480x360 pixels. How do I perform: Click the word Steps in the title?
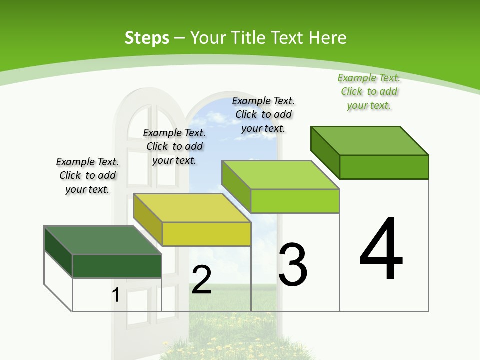tap(147, 38)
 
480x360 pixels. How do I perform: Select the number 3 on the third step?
tap(293, 265)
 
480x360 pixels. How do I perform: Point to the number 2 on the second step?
tap(201, 280)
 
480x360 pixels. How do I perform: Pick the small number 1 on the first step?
tap(116, 295)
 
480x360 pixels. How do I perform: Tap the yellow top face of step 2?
tap(192, 208)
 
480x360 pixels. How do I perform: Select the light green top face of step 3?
tap(280, 175)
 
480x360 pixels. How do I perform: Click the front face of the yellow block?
tap(206, 234)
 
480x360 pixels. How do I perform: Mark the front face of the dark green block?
tap(117, 266)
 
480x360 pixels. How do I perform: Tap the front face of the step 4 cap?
tap(384, 167)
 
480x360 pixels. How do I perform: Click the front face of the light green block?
tap(295, 201)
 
